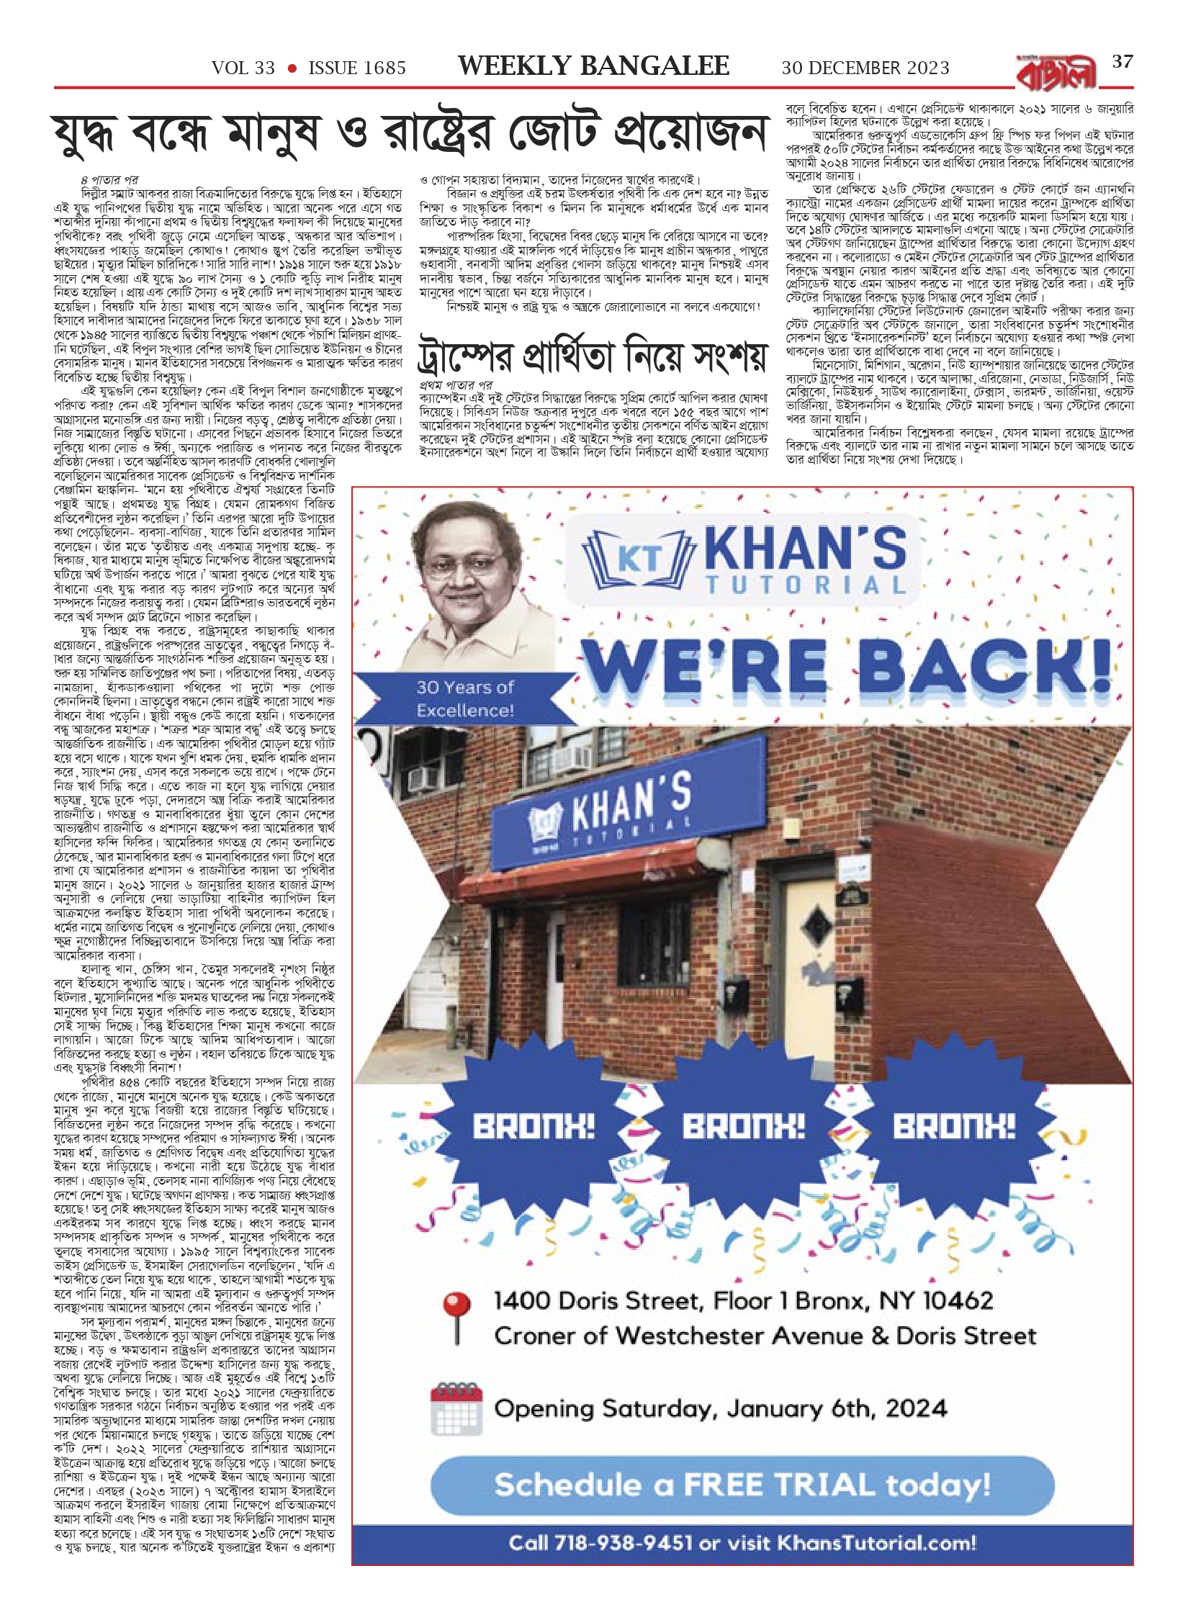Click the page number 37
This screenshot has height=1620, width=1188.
pyautogui.click(x=1122, y=61)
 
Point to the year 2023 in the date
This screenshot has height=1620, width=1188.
pyautogui.click(x=921, y=68)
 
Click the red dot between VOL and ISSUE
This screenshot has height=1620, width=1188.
pyautogui.click(x=292, y=68)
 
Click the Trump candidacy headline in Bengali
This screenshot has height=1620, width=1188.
pyautogui.click(x=593, y=356)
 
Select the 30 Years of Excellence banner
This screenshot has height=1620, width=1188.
pyautogui.click(x=464, y=698)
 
